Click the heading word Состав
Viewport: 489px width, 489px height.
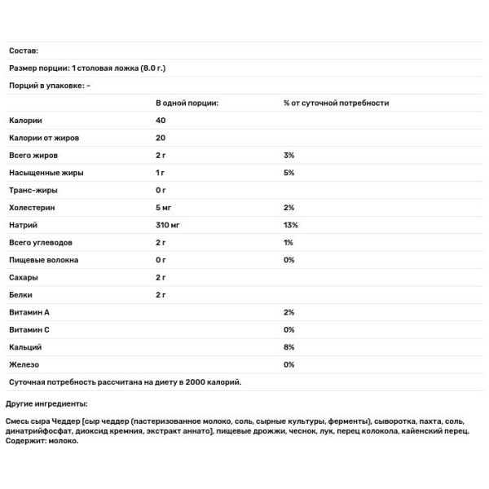click(x=23, y=51)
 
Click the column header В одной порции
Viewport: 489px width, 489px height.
click(x=187, y=104)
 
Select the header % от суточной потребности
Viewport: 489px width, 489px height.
click(x=336, y=104)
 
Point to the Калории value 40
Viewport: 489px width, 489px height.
click(x=161, y=121)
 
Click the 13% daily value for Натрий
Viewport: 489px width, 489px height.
click(x=291, y=225)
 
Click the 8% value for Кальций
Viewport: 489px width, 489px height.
click(x=289, y=347)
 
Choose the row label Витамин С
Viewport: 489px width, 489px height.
click(x=30, y=330)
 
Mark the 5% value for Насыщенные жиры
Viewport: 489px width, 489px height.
click(x=289, y=173)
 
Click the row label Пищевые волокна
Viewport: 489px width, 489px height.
click(x=44, y=260)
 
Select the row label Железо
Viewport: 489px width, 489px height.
click(x=24, y=364)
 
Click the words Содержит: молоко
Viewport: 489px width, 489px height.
click(x=42, y=441)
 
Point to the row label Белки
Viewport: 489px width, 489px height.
click(x=22, y=295)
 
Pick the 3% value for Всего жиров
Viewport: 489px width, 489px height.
click(x=289, y=155)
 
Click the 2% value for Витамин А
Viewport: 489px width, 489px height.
click(x=289, y=312)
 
